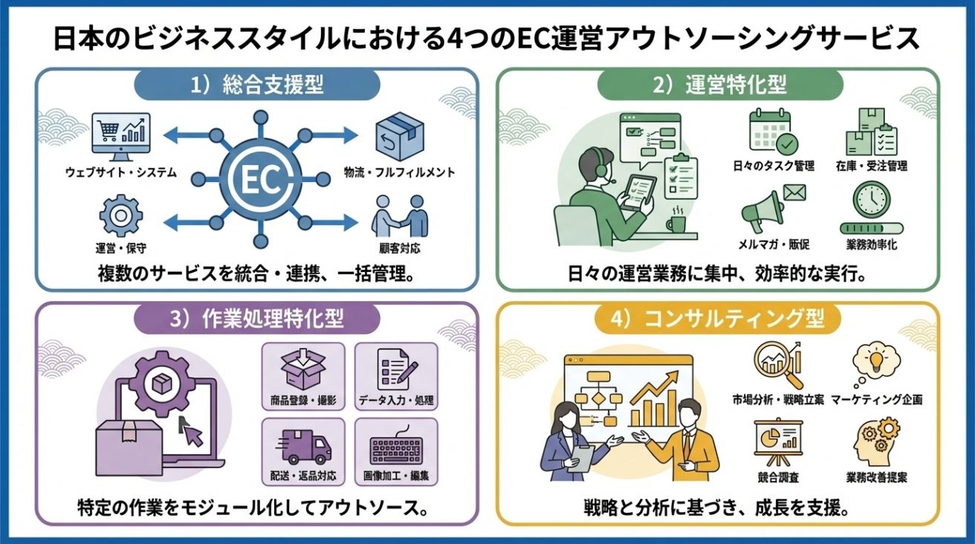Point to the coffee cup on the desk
tap(677, 223)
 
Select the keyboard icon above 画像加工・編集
tap(395, 449)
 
